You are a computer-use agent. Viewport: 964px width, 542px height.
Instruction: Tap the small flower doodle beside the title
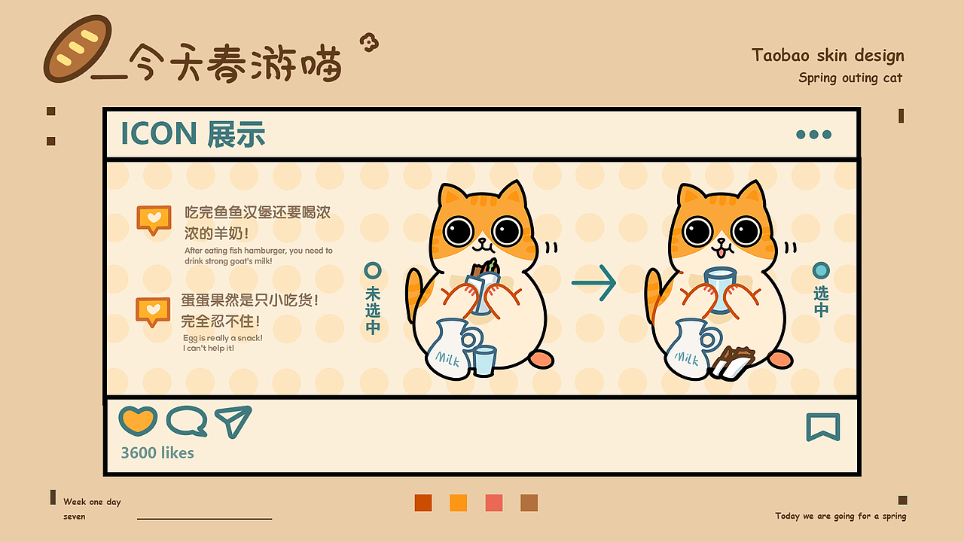click(368, 43)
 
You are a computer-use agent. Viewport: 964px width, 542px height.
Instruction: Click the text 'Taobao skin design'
click(828, 55)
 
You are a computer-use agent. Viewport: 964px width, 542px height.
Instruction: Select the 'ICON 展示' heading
click(193, 134)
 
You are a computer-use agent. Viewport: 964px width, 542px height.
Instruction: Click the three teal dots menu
click(813, 135)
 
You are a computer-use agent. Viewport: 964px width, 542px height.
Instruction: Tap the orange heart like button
click(138, 421)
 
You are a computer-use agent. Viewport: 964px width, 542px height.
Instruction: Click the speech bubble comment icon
click(186, 422)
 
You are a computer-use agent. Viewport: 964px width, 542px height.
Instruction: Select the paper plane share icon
click(233, 421)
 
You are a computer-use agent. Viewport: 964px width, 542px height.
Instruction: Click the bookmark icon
click(822, 427)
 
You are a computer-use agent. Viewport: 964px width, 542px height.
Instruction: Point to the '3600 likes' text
click(157, 453)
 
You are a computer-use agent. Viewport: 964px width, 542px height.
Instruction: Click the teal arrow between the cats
click(594, 283)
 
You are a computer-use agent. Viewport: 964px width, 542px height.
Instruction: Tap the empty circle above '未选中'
click(372, 270)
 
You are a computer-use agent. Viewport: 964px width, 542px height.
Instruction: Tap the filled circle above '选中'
click(821, 270)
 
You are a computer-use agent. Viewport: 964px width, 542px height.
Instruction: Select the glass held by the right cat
click(718, 290)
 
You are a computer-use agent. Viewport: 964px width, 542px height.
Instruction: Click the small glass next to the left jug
click(484, 360)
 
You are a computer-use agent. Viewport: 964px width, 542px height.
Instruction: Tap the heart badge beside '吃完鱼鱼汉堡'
click(154, 219)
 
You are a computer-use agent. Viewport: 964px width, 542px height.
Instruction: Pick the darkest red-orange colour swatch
click(423, 503)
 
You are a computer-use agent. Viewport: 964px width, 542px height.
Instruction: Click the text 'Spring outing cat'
click(850, 78)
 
